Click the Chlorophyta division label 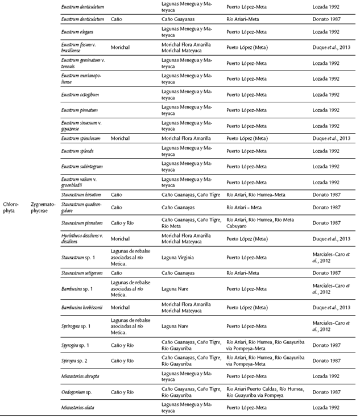(x=14, y=206)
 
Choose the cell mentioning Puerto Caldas (x=264, y=392)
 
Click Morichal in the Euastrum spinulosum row (x=120, y=138)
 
